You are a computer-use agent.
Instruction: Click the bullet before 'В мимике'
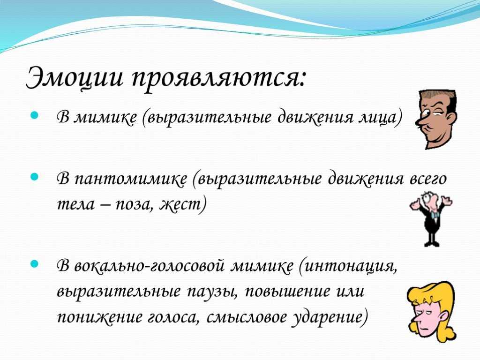pyautogui.click(x=35, y=115)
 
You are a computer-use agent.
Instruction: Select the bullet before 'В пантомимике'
pyautogui.click(x=35, y=177)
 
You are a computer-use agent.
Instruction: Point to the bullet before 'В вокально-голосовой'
pyautogui.click(x=35, y=263)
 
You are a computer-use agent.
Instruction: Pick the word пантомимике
pyautogui.click(x=131, y=179)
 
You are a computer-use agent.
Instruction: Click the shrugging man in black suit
pyautogui.click(x=431, y=218)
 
